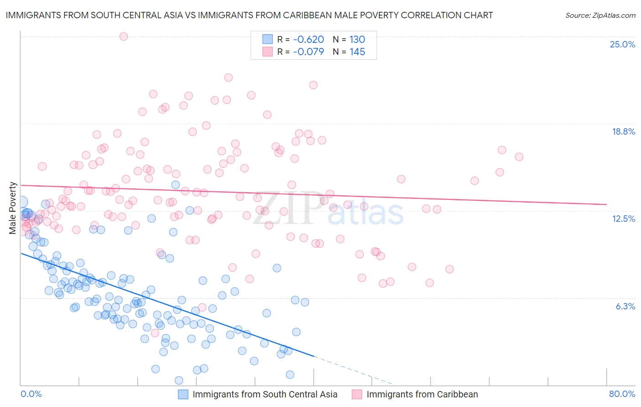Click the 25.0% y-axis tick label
[622, 44]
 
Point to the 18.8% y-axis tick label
[623, 131]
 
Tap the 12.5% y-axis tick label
[623, 219]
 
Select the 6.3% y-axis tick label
[625, 306]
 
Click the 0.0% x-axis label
[31, 394]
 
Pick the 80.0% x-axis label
[622, 394]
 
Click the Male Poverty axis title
[13, 208]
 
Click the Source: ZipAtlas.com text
[600, 15]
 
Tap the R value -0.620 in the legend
[308, 39]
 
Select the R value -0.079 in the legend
[308, 52]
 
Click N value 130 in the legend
[357, 39]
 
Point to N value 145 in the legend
[357, 52]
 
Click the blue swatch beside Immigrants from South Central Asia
[183, 394]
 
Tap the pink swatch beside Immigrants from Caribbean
[357, 394]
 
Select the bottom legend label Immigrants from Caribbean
[422, 394]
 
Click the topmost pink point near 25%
[124, 37]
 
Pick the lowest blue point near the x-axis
[179, 380]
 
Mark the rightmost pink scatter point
[519, 157]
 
